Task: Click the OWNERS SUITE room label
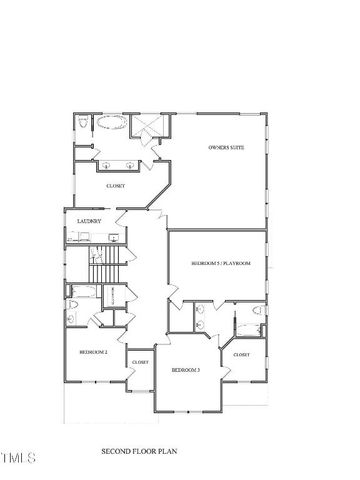tap(226, 148)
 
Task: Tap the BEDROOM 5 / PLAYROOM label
tap(220, 263)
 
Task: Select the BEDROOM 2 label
tap(94, 352)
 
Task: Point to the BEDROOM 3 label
tap(185, 371)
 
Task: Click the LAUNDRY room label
tap(79, 221)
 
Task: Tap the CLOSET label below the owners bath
tap(115, 186)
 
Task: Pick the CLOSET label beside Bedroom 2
tap(140, 362)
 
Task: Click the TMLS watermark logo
tap(17, 459)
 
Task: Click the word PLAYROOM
tap(236, 263)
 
